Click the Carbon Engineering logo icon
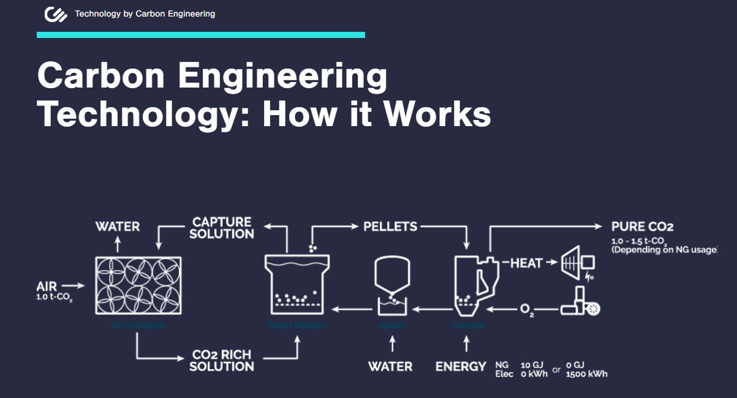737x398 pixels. click(x=56, y=14)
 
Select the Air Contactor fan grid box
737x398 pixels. click(x=138, y=285)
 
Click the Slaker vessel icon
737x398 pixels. click(x=391, y=285)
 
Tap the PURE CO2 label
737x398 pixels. click(x=642, y=227)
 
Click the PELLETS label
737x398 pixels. click(x=390, y=227)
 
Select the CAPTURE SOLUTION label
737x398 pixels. click(x=222, y=228)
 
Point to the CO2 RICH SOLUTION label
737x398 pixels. click(x=222, y=361)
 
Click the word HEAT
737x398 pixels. click(x=526, y=263)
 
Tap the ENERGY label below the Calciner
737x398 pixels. click(x=461, y=367)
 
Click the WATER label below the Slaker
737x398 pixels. click(x=390, y=367)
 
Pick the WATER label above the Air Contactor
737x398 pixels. click(x=118, y=227)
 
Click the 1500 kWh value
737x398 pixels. click(x=587, y=374)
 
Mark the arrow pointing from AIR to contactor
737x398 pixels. click(x=72, y=285)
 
